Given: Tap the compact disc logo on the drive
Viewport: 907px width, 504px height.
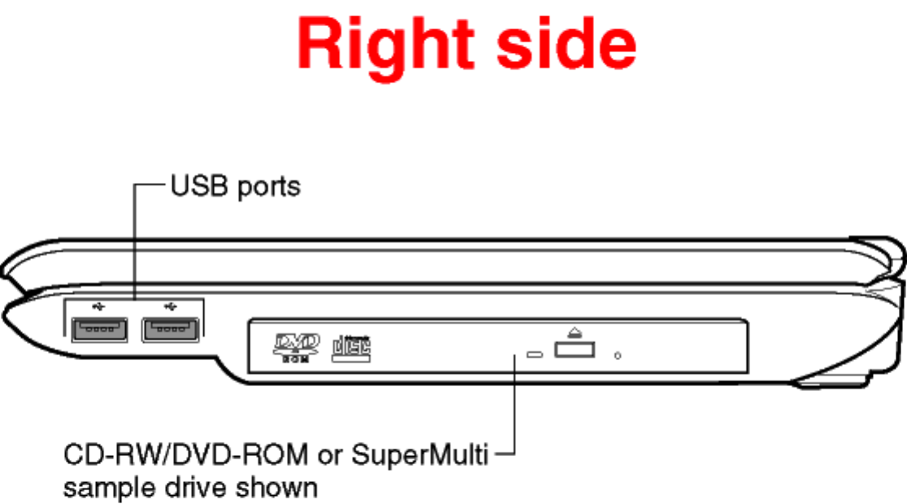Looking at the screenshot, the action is tap(352, 347).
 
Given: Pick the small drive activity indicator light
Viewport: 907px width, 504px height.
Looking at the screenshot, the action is tap(534, 354).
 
